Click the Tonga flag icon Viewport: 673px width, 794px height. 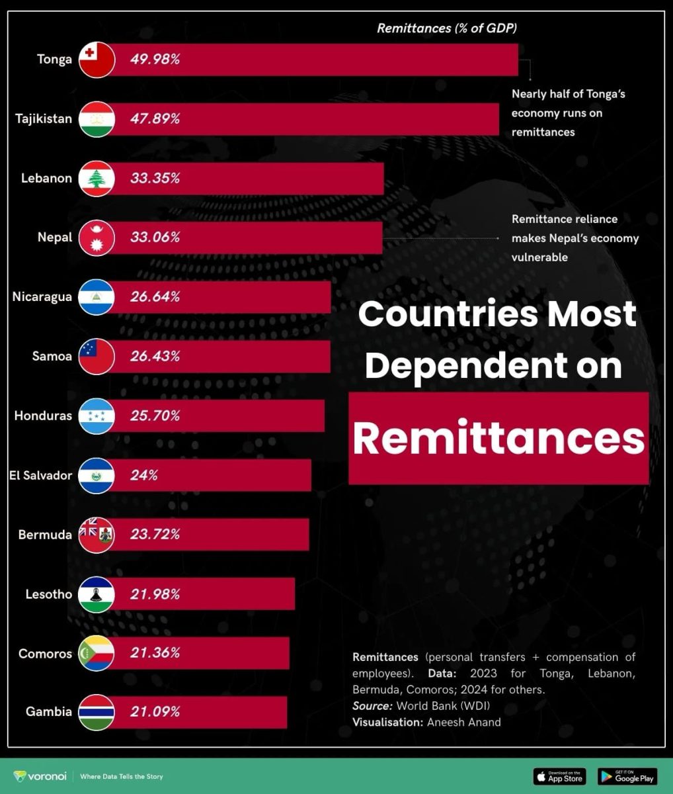97,60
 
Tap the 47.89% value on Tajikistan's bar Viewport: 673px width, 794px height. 155,119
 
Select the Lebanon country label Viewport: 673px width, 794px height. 46,178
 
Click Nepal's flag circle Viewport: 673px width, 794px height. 97,238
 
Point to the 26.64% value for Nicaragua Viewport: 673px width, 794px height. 155,297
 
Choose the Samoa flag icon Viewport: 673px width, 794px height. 97,357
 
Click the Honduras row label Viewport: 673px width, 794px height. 43,416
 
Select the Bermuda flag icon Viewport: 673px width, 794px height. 97,535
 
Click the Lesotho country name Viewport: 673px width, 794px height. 48,594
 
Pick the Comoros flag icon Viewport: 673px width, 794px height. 97,653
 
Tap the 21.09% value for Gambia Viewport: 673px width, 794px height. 155,712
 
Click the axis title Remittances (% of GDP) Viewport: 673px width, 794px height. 447,28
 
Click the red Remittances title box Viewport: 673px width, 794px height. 498,438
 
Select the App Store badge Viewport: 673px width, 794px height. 559,776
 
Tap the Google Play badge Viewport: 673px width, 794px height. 627,776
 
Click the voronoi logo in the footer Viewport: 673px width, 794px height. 40,776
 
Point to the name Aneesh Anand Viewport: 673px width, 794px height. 463,722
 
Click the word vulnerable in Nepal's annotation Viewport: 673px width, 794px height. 539,257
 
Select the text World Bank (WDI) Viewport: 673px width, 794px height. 443,705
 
